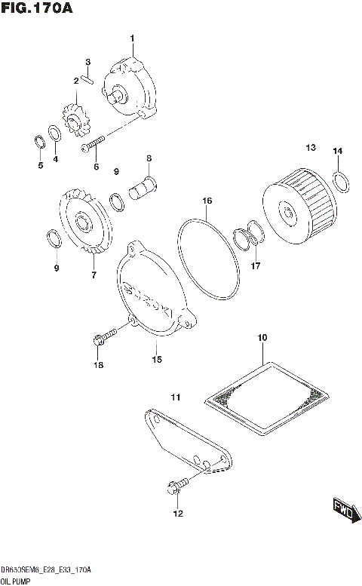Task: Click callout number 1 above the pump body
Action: point(132,38)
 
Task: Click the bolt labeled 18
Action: point(105,333)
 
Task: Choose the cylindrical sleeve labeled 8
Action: point(143,187)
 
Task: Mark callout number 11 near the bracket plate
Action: point(174,397)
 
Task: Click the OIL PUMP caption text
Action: point(16,580)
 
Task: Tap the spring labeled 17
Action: point(250,237)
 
